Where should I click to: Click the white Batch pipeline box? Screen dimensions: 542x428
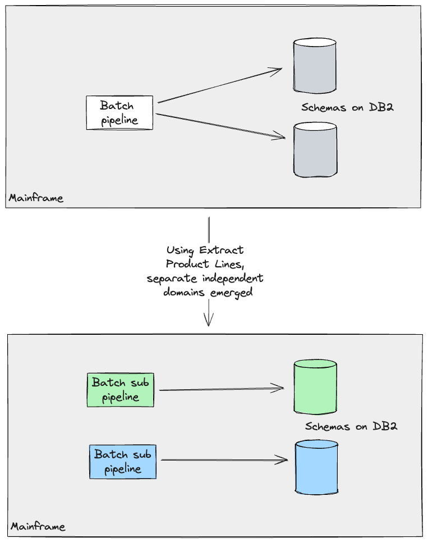(x=119, y=113)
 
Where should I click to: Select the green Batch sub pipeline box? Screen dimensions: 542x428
(x=120, y=390)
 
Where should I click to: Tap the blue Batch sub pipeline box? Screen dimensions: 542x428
(x=123, y=462)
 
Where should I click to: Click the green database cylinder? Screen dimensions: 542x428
(x=315, y=387)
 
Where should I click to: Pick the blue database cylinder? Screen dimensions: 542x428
(x=316, y=467)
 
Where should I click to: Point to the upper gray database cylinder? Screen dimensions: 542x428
(x=315, y=66)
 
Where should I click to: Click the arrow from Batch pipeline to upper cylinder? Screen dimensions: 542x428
(x=219, y=85)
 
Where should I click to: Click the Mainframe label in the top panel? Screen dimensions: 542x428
(x=36, y=198)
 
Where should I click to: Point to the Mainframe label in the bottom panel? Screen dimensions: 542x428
(x=38, y=527)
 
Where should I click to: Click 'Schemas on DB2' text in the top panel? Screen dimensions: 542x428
(x=347, y=107)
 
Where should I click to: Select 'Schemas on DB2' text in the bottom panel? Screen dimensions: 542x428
(x=351, y=426)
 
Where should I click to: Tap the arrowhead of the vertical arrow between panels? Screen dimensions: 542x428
(x=208, y=321)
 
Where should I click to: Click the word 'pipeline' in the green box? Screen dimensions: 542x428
(x=120, y=397)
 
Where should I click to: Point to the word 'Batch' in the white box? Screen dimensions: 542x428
(x=117, y=106)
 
